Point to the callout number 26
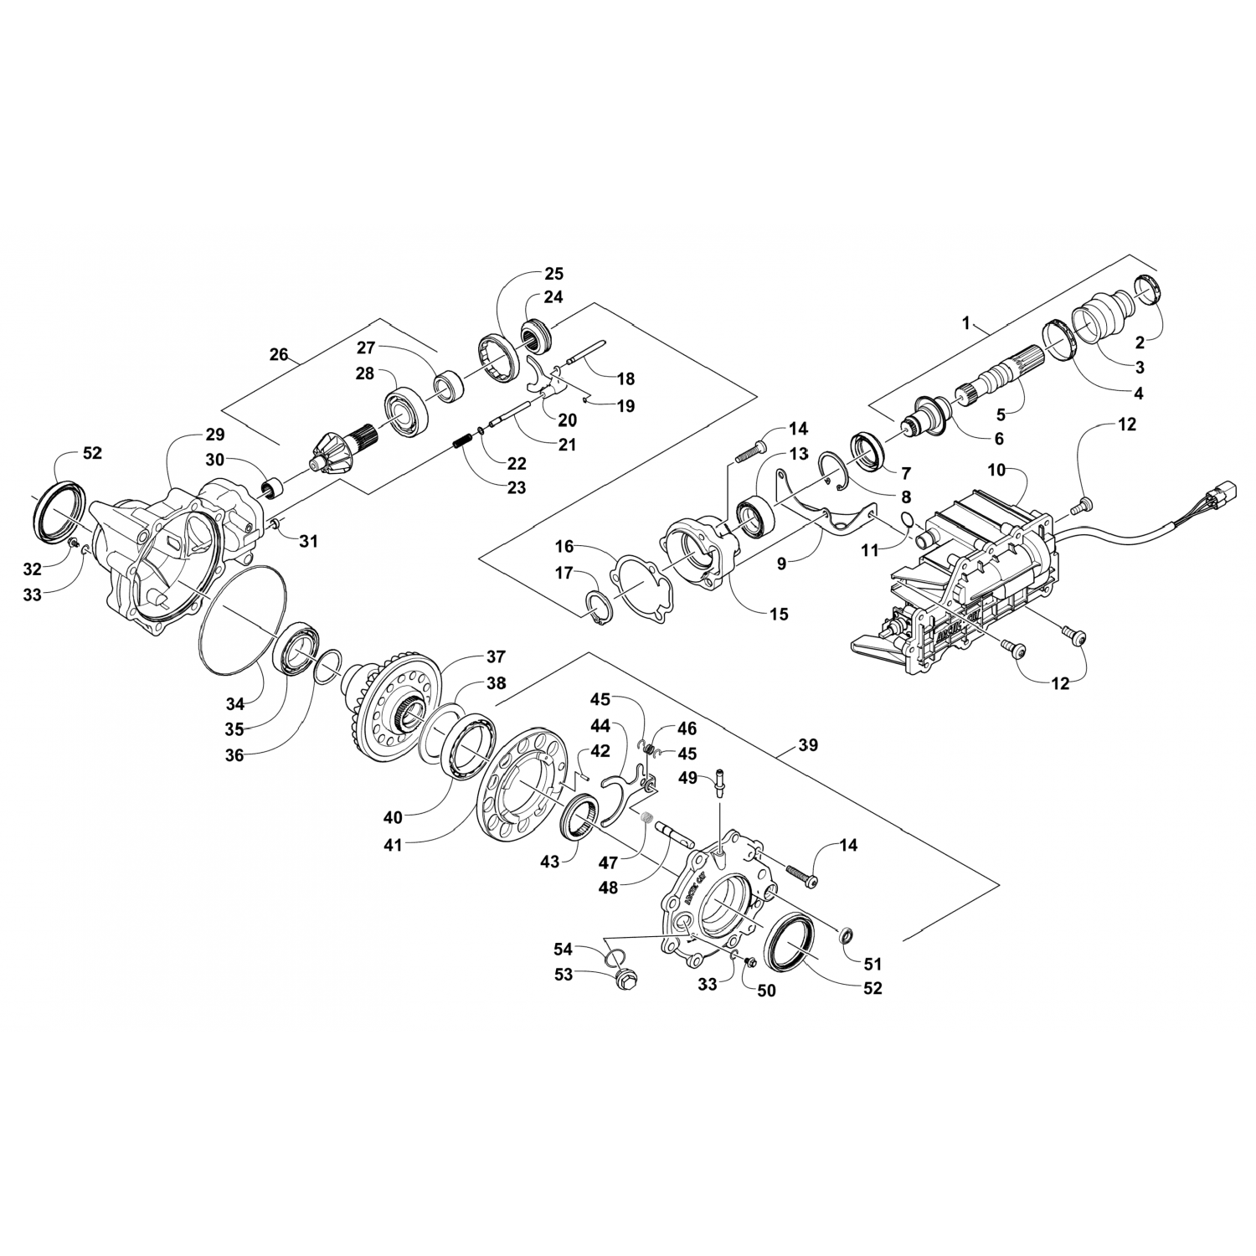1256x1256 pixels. [x=278, y=355]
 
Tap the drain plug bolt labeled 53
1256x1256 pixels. [x=625, y=977]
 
